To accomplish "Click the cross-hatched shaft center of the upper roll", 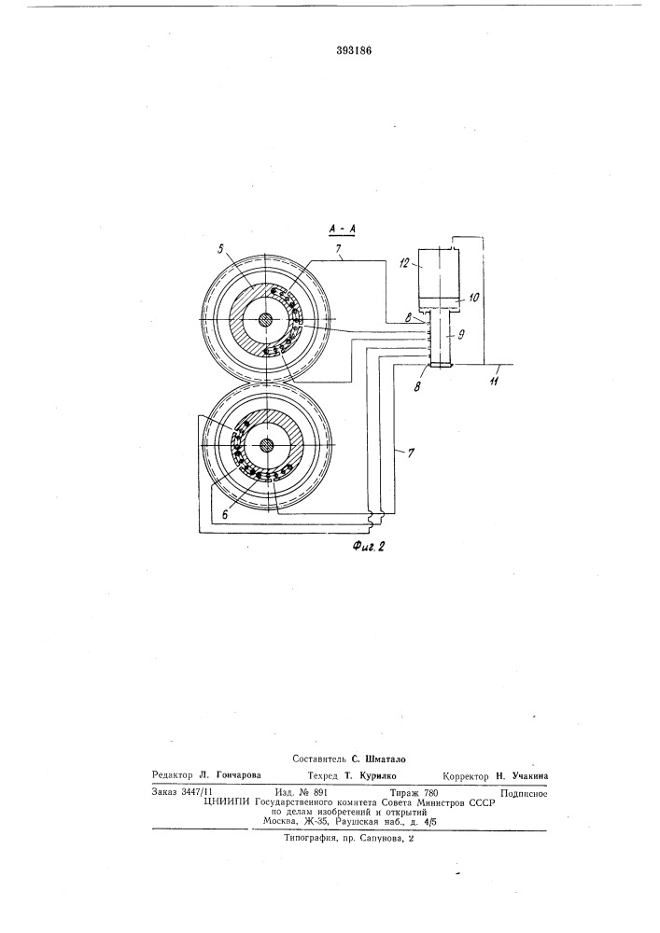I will (267, 319).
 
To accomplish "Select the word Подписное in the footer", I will (524, 792).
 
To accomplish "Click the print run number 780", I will (426, 792).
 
